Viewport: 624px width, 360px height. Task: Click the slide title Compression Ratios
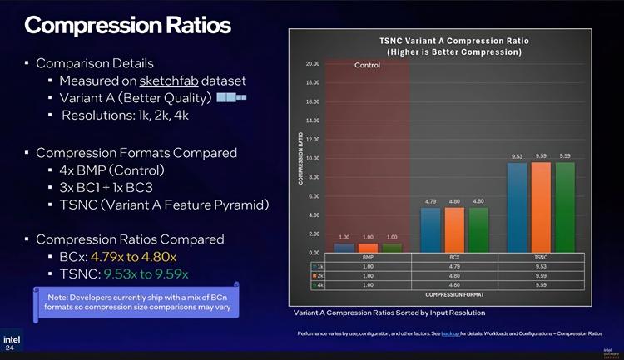(x=127, y=26)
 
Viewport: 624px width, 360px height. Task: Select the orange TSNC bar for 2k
(x=542, y=207)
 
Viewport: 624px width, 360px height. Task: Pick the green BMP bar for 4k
(x=391, y=248)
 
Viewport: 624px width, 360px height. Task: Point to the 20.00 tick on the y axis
(x=312, y=64)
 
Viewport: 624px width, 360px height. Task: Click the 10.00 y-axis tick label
(x=312, y=158)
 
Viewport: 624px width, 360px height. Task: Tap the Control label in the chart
(x=367, y=66)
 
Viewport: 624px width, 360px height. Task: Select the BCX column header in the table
(x=453, y=258)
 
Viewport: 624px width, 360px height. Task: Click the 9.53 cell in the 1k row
(x=542, y=266)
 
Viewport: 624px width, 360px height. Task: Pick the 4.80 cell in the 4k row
(x=453, y=284)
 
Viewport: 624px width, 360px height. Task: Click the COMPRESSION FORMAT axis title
(x=454, y=294)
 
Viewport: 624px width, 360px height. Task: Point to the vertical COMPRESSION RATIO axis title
(x=300, y=158)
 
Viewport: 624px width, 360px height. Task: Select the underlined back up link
(x=450, y=333)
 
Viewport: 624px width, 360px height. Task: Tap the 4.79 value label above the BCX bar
(x=430, y=202)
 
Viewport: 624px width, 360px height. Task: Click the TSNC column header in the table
(x=542, y=258)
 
